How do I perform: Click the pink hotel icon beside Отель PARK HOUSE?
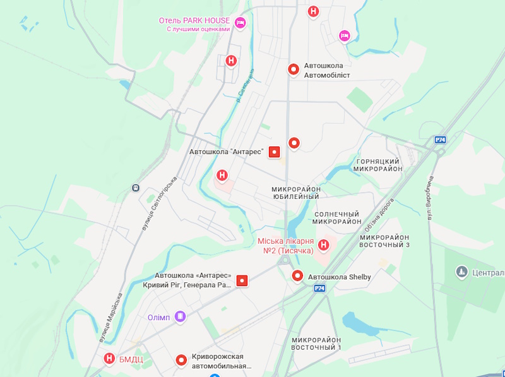(240, 24)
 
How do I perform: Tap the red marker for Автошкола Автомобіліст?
(294, 69)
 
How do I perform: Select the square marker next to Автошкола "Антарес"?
(274, 152)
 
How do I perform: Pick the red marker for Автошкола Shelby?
(298, 276)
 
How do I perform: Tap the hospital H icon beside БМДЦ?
(109, 359)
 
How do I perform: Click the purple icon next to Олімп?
(181, 316)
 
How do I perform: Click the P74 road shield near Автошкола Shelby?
(319, 288)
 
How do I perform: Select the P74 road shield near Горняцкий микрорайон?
(441, 140)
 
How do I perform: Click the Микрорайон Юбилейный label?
(295, 193)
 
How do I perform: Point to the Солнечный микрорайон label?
(337, 218)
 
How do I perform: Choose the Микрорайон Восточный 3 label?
(385, 241)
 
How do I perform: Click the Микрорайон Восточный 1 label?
(316, 344)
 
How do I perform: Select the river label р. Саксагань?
(245, 85)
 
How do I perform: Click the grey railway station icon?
(136, 188)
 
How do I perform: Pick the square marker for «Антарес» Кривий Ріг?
(242, 280)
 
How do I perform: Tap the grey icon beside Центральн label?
(461, 272)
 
